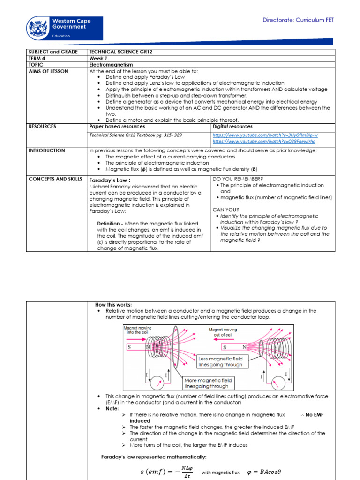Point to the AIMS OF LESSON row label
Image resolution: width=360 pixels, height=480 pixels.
[48, 71]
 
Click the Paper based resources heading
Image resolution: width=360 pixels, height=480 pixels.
[117, 127]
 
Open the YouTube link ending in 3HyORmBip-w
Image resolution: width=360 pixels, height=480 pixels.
[265, 135]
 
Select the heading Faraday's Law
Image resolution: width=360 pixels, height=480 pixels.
[110, 180]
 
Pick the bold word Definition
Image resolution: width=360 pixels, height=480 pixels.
[109, 224]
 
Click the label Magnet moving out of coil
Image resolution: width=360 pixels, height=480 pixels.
[223, 332]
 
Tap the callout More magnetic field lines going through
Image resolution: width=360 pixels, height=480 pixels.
[207, 383]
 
